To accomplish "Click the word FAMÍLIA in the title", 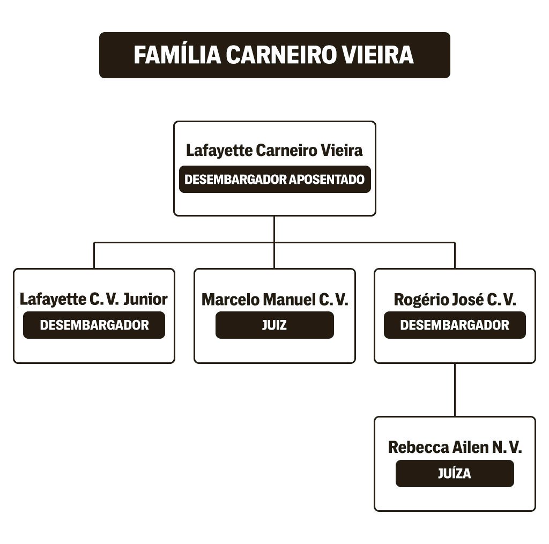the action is (x=177, y=55).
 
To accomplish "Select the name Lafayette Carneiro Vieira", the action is (x=274, y=151).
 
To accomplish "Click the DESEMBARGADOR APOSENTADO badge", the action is (x=275, y=179).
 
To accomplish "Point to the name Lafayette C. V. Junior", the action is (x=94, y=299).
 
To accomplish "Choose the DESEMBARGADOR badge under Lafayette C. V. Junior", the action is (x=94, y=325).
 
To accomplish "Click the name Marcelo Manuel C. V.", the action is (x=275, y=300).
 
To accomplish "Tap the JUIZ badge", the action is (x=275, y=325).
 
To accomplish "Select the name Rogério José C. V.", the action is (x=455, y=300).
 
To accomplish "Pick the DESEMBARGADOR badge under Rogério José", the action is (x=455, y=325).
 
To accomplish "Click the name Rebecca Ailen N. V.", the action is (x=455, y=448).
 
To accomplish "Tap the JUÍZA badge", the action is (x=455, y=473).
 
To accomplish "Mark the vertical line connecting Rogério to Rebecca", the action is (x=455, y=390).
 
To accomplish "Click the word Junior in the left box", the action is (x=146, y=299).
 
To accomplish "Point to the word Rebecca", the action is (x=418, y=448).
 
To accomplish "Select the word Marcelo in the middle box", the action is (x=231, y=300).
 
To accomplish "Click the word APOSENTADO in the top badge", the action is (x=327, y=179).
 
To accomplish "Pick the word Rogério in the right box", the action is (x=416, y=300).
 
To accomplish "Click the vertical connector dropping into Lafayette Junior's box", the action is (x=94, y=255).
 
